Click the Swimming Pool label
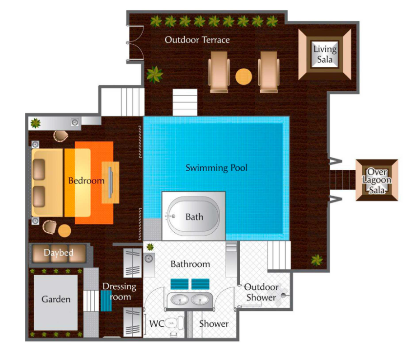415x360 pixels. (x=216, y=168)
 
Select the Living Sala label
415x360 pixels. (x=325, y=54)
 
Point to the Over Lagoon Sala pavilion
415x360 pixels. (x=377, y=180)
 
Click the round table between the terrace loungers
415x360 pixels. (x=244, y=77)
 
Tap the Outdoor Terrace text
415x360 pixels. (x=197, y=40)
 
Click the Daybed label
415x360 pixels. (x=59, y=253)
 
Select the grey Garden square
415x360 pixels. (x=56, y=302)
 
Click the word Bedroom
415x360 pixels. (x=86, y=180)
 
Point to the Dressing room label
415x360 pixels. (x=119, y=292)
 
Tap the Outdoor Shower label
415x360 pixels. (x=261, y=292)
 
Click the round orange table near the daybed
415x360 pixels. (x=64, y=231)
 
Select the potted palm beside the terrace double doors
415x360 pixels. (x=155, y=74)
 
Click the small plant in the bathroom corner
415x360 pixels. (x=150, y=247)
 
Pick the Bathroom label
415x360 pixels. (x=190, y=264)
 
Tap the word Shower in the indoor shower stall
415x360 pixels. (x=214, y=324)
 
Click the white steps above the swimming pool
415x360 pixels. (x=185, y=102)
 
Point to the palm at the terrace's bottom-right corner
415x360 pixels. (x=317, y=260)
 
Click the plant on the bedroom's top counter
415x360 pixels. (x=36, y=123)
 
